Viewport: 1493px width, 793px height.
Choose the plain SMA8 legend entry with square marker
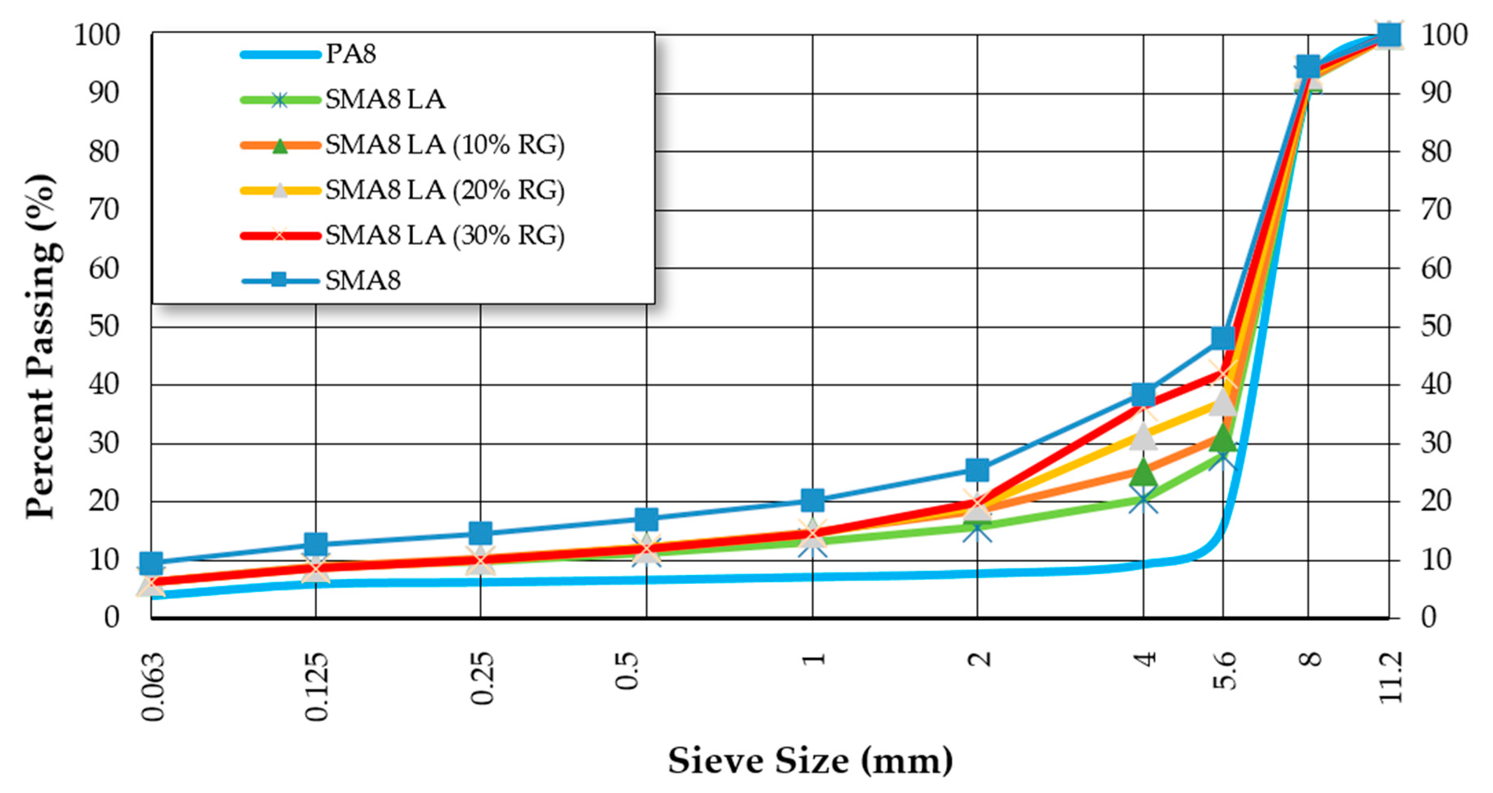click(x=363, y=281)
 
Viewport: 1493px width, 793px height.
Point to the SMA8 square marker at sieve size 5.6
click(x=1223, y=337)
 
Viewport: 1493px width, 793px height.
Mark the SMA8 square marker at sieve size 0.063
click(x=152, y=562)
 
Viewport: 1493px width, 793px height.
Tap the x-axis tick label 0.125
click(x=317, y=687)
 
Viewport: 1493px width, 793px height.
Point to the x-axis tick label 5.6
click(x=1224, y=671)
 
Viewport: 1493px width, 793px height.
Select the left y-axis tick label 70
click(x=104, y=210)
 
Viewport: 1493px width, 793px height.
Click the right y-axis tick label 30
click(x=1436, y=444)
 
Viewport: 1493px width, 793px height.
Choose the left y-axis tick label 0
click(x=112, y=617)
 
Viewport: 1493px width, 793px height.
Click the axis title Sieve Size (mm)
click(x=810, y=761)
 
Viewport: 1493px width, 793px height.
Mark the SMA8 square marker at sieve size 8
click(x=1308, y=67)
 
